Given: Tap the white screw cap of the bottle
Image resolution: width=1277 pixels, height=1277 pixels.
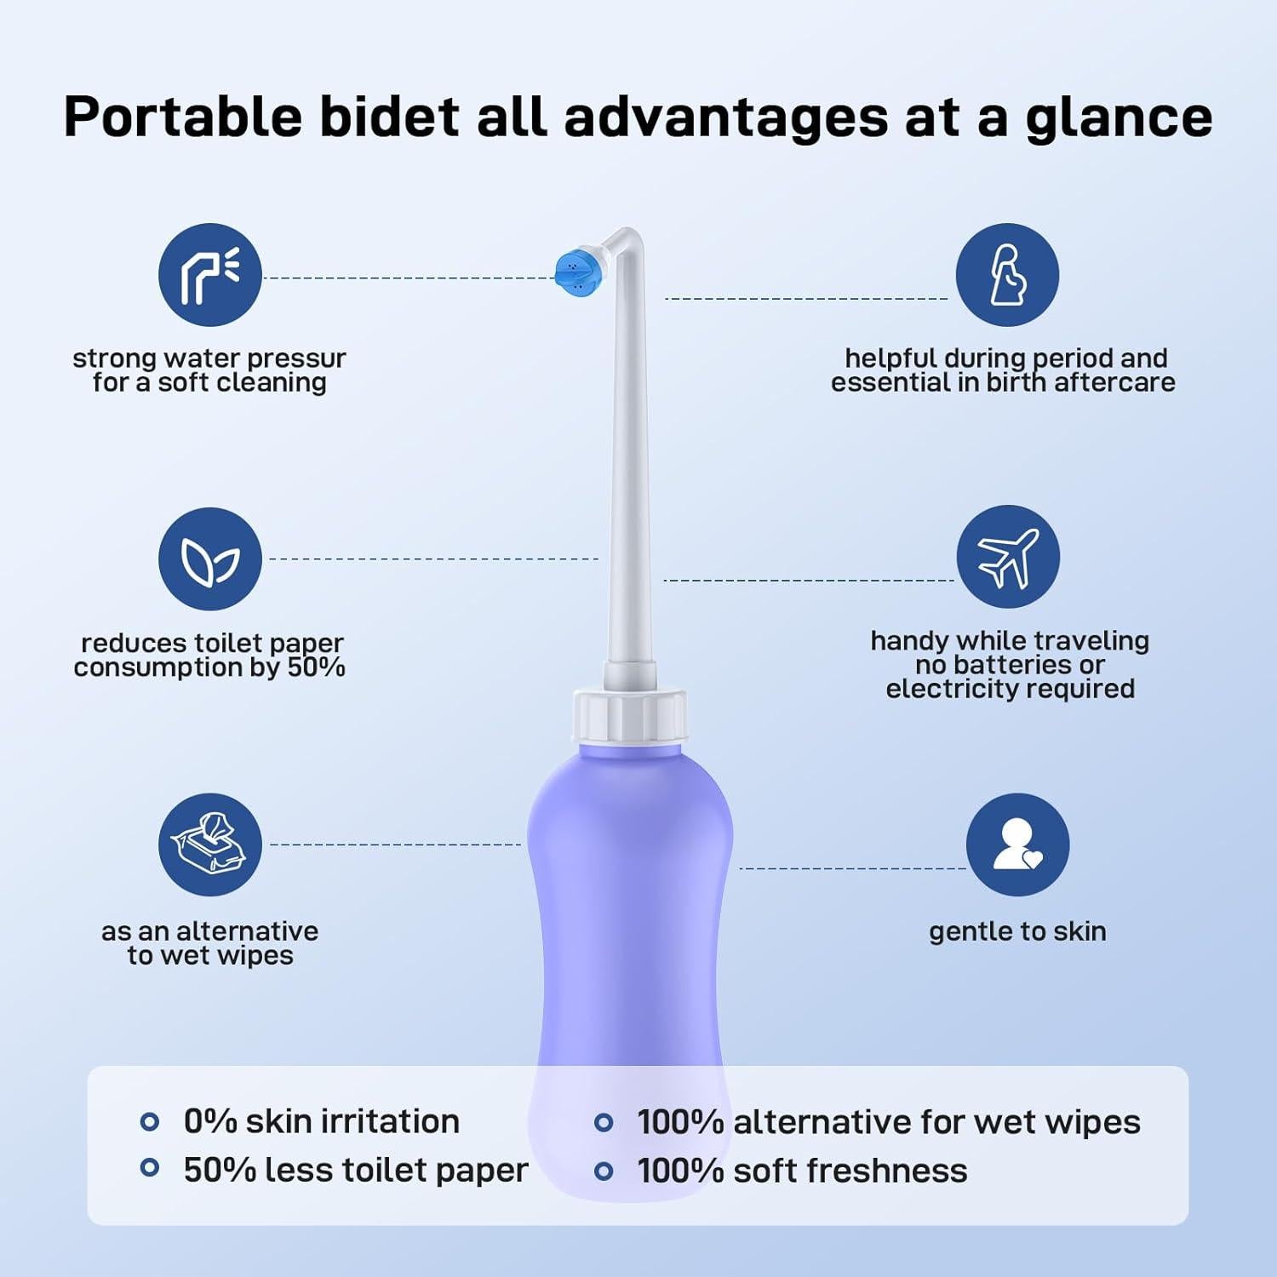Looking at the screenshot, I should point(629,718).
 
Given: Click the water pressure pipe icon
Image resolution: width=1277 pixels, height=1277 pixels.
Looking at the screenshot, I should point(209,275).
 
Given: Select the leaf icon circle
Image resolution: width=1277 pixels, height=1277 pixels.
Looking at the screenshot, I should point(209,558).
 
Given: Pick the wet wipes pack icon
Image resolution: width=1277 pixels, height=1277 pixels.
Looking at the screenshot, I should point(209,844).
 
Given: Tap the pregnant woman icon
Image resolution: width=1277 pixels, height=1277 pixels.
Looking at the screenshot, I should point(1007,275).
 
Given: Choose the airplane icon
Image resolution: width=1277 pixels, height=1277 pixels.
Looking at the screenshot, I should point(1008,557).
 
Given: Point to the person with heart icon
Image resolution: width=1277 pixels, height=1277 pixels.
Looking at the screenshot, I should point(1017,845).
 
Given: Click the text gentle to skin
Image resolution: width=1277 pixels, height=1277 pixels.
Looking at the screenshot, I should point(1017,931).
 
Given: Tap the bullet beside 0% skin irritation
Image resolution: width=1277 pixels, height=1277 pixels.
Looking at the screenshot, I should point(150,1122).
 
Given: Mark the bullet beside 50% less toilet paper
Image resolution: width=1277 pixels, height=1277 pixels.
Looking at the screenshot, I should point(150,1168).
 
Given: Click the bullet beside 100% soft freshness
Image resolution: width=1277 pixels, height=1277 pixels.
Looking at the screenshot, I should point(604,1171).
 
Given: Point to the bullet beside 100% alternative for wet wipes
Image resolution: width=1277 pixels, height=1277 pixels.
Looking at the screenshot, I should point(604,1122).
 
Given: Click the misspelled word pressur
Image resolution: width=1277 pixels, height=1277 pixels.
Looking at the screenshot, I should point(297,359).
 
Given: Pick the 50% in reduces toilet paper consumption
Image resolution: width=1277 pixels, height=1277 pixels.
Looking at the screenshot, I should point(316,667).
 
